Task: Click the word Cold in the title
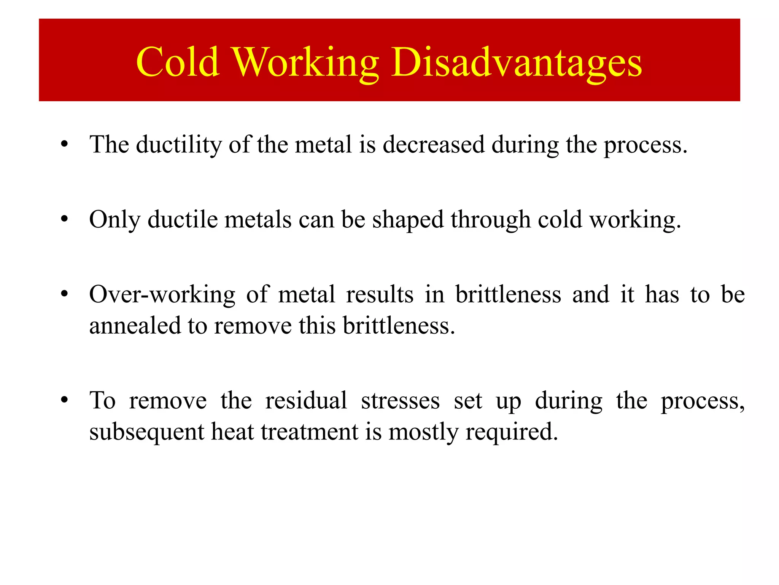tap(177, 62)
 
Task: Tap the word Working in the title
tap(305, 63)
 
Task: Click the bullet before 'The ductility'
tap(65, 145)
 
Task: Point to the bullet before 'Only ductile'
tap(65, 220)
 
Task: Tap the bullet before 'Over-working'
tap(65, 294)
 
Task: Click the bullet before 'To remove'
tap(65, 400)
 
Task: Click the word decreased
tap(434, 145)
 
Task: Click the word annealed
tap(135, 326)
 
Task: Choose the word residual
tap(306, 401)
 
